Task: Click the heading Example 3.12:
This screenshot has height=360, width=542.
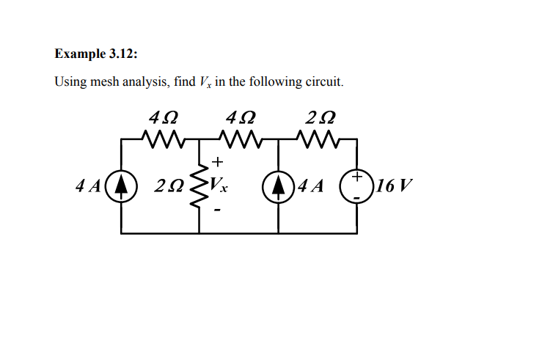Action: click(x=95, y=54)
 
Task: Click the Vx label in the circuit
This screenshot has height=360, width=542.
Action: click(x=219, y=185)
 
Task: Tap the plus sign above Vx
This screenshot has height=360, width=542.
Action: click(x=218, y=163)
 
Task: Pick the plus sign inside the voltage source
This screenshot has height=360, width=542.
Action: click(x=357, y=177)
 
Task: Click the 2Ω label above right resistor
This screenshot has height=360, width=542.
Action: click(x=321, y=117)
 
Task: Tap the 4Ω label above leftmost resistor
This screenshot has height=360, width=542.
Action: click(x=163, y=117)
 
